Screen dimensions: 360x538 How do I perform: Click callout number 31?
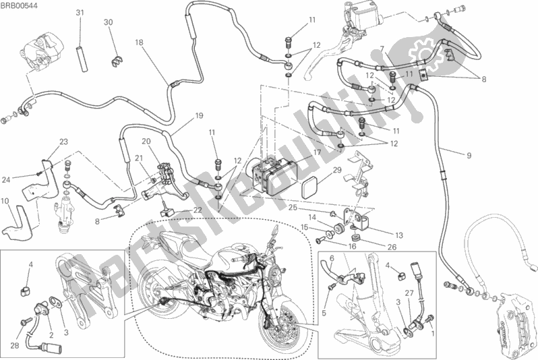(80, 13)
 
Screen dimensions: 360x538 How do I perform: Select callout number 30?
(108, 22)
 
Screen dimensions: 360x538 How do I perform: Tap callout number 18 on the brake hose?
(138, 42)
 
